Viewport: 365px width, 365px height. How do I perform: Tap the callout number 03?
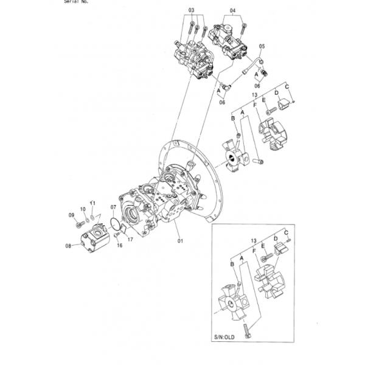(x=191, y=11)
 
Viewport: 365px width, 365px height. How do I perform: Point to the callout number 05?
(x=262, y=46)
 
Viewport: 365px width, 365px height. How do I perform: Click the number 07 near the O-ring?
(x=113, y=208)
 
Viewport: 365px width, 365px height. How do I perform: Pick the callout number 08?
(x=68, y=246)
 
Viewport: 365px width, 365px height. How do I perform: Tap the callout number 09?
(x=71, y=215)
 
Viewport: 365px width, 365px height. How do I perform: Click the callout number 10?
(x=83, y=209)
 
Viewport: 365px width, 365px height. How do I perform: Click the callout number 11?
(x=92, y=202)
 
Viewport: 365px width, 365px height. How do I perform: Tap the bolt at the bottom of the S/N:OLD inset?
(x=247, y=330)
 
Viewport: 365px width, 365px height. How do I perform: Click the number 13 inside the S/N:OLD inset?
(x=254, y=241)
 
